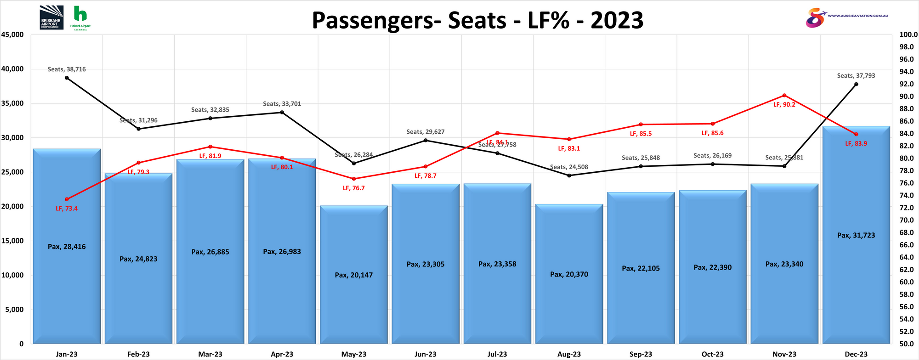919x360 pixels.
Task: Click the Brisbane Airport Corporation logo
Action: point(51,17)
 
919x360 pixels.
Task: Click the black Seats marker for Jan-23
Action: point(67,78)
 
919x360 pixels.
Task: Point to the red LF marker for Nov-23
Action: point(784,95)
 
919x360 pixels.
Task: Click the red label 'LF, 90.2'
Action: point(784,104)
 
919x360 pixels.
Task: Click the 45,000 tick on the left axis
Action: point(12,35)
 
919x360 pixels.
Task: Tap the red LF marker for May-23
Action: point(354,179)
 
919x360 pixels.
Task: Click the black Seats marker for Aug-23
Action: point(569,176)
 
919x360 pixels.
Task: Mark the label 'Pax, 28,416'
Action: point(67,247)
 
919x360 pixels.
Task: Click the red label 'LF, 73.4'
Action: point(67,208)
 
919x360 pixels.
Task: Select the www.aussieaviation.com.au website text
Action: point(858,16)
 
